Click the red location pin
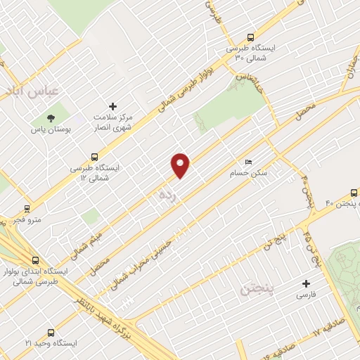(x=181, y=165)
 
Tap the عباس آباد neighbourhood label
(x=34, y=91)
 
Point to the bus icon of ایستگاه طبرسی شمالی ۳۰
(x=251, y=38)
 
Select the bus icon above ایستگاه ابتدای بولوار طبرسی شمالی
(x=36, y=259)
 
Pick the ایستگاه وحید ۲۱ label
(x=49, y=342)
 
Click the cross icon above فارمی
(x=305, y=284)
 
